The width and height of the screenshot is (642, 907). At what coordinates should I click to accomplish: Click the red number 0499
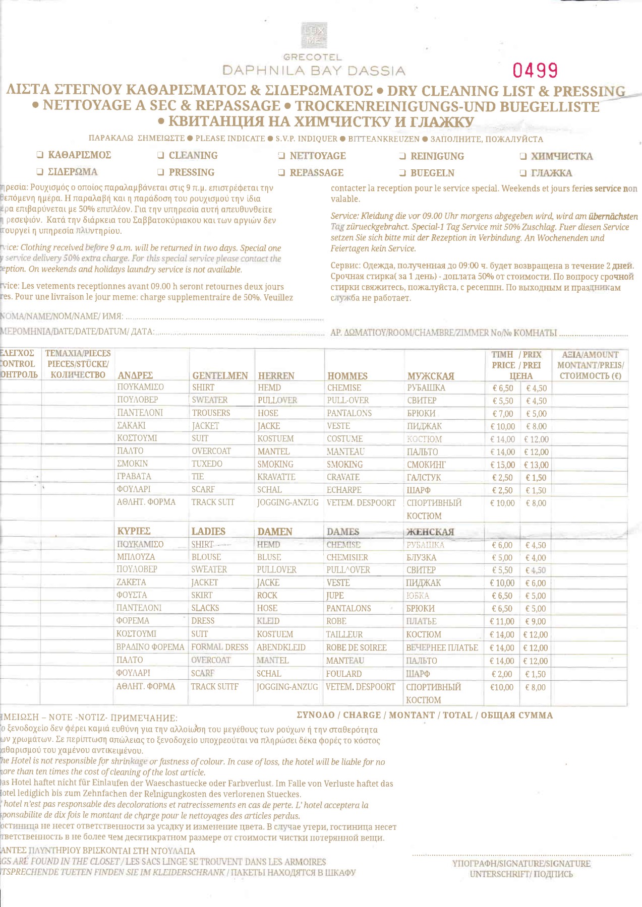point(535,70)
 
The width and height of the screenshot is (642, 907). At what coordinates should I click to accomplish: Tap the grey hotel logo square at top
point(314,35)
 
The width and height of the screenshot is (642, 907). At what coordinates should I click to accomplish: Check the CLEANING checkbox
point(161,156)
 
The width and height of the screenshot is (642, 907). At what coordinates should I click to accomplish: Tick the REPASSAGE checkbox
point(282,173)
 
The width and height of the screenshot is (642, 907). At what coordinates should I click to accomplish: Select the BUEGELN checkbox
point(402,173)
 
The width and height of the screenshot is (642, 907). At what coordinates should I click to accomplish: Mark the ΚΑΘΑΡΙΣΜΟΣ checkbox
point(40,155)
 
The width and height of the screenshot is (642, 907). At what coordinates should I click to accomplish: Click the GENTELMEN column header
point(220,376)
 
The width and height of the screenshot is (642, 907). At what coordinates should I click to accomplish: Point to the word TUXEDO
point(207,464)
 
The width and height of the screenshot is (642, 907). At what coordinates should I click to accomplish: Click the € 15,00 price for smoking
point(502,465)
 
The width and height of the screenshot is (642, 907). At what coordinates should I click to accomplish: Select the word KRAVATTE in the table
point(276,477)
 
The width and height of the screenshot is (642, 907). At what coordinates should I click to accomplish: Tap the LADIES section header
point(208,532)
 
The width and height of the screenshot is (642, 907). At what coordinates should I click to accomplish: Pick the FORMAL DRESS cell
point(219,647)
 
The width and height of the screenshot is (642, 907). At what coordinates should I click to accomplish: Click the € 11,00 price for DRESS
point(502,622)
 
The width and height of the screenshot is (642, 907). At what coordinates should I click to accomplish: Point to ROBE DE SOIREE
point(356,647)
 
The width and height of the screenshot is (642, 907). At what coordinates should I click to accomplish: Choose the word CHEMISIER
point(347,557)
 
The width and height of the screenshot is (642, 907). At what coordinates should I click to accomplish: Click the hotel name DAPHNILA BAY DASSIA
point(314,71)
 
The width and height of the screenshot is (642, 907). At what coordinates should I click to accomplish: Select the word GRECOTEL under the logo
point(313,57)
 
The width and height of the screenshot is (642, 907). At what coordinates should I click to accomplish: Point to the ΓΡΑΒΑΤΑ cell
point(134,476)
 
